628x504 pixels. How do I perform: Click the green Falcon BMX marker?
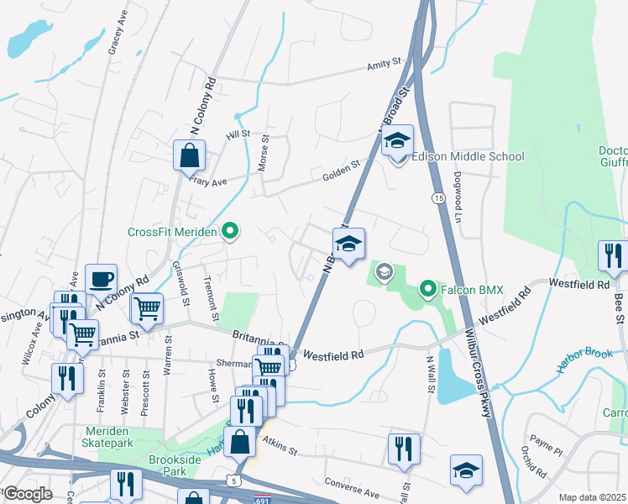[x=428, y=291]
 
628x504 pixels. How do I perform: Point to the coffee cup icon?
[x=101, y=279]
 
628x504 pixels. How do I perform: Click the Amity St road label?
[x=385, y=66]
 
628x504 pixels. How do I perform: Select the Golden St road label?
[x=341, y=173]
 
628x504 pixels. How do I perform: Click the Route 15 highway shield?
[x=438, y=197]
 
